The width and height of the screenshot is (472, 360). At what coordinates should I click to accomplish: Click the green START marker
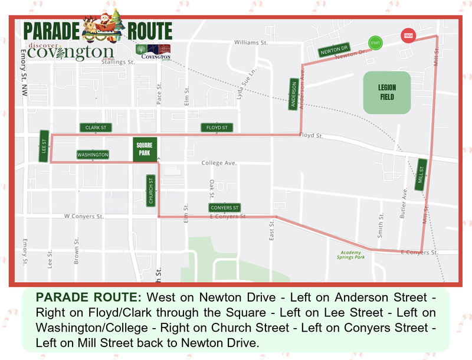pos(374,42)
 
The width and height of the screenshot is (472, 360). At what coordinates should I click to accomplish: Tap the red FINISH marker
pos(408,35)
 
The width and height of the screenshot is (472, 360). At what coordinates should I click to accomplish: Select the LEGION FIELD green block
pos(386,93)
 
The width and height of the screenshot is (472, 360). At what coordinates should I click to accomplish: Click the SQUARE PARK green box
pos(143,149)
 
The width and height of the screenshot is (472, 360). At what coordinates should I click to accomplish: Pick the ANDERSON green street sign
pos(294,94)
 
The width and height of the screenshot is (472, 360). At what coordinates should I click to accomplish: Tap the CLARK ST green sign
pos(95,127)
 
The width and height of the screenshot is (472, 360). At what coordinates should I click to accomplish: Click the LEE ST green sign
pos(44,146)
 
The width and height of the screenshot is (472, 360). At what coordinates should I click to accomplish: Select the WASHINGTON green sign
pos(93,155)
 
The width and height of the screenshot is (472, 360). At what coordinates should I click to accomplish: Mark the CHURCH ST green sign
pos(151,191)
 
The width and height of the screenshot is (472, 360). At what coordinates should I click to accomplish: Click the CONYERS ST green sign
pos(225,208)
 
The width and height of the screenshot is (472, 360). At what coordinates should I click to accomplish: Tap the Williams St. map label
pos(251,43)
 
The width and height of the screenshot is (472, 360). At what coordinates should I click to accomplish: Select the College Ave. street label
pos(218,163)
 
